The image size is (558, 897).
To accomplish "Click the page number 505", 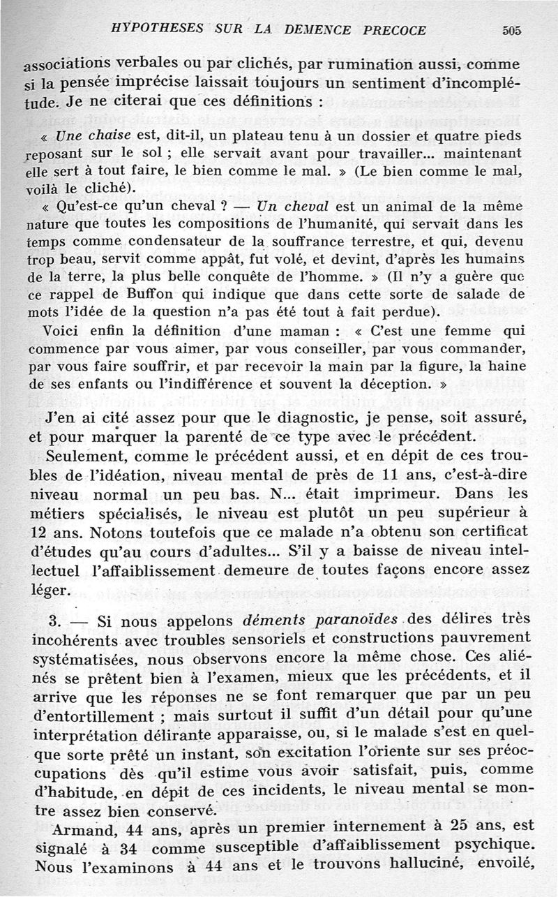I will [511, 31].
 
